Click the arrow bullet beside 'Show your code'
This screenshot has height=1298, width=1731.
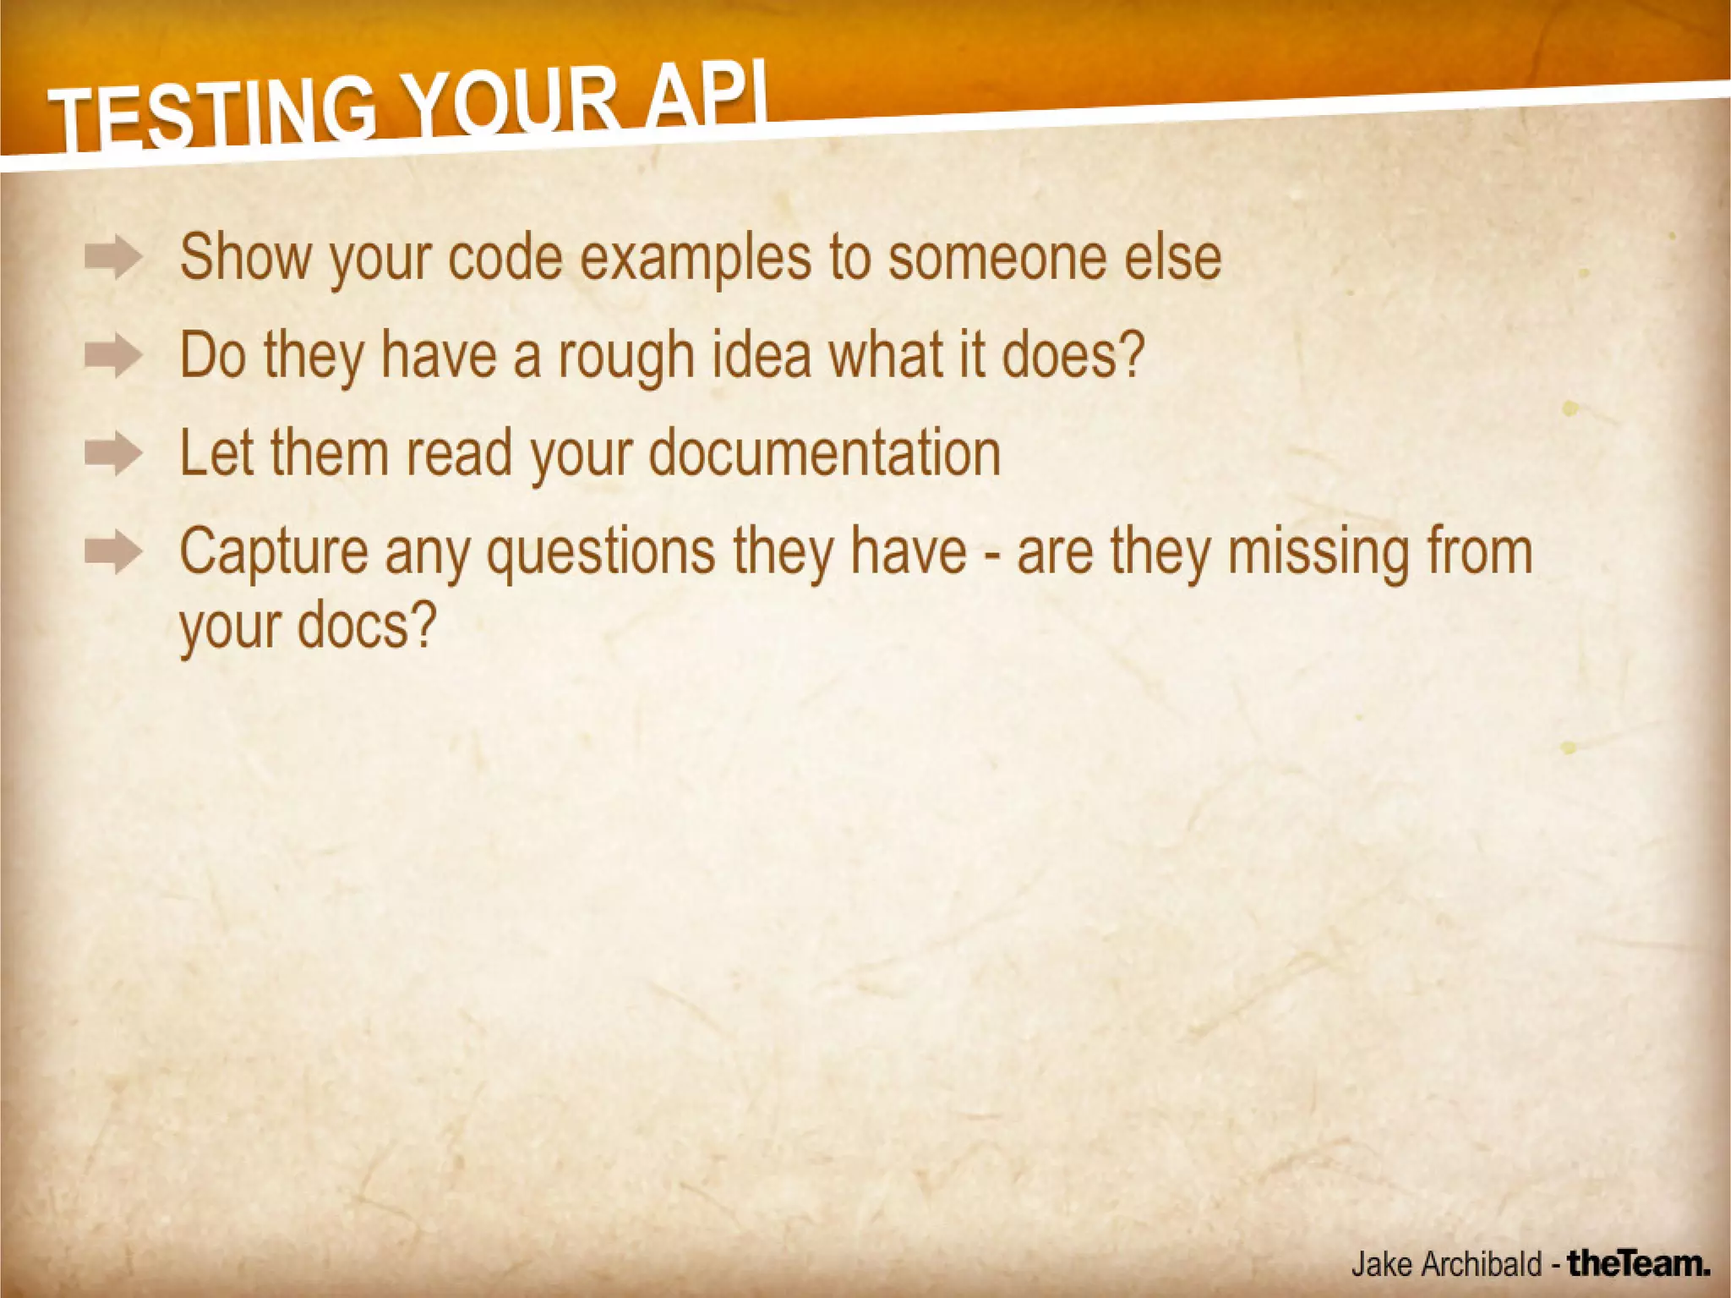click(113, 258)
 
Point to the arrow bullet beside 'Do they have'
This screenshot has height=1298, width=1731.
click(113, 356)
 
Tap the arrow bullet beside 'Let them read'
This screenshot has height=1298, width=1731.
click(113, 455)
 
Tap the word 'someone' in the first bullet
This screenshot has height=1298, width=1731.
click(997, 257)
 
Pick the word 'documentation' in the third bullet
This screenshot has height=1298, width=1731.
click(824, 453)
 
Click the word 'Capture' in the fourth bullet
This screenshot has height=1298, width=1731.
click(274, 552)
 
